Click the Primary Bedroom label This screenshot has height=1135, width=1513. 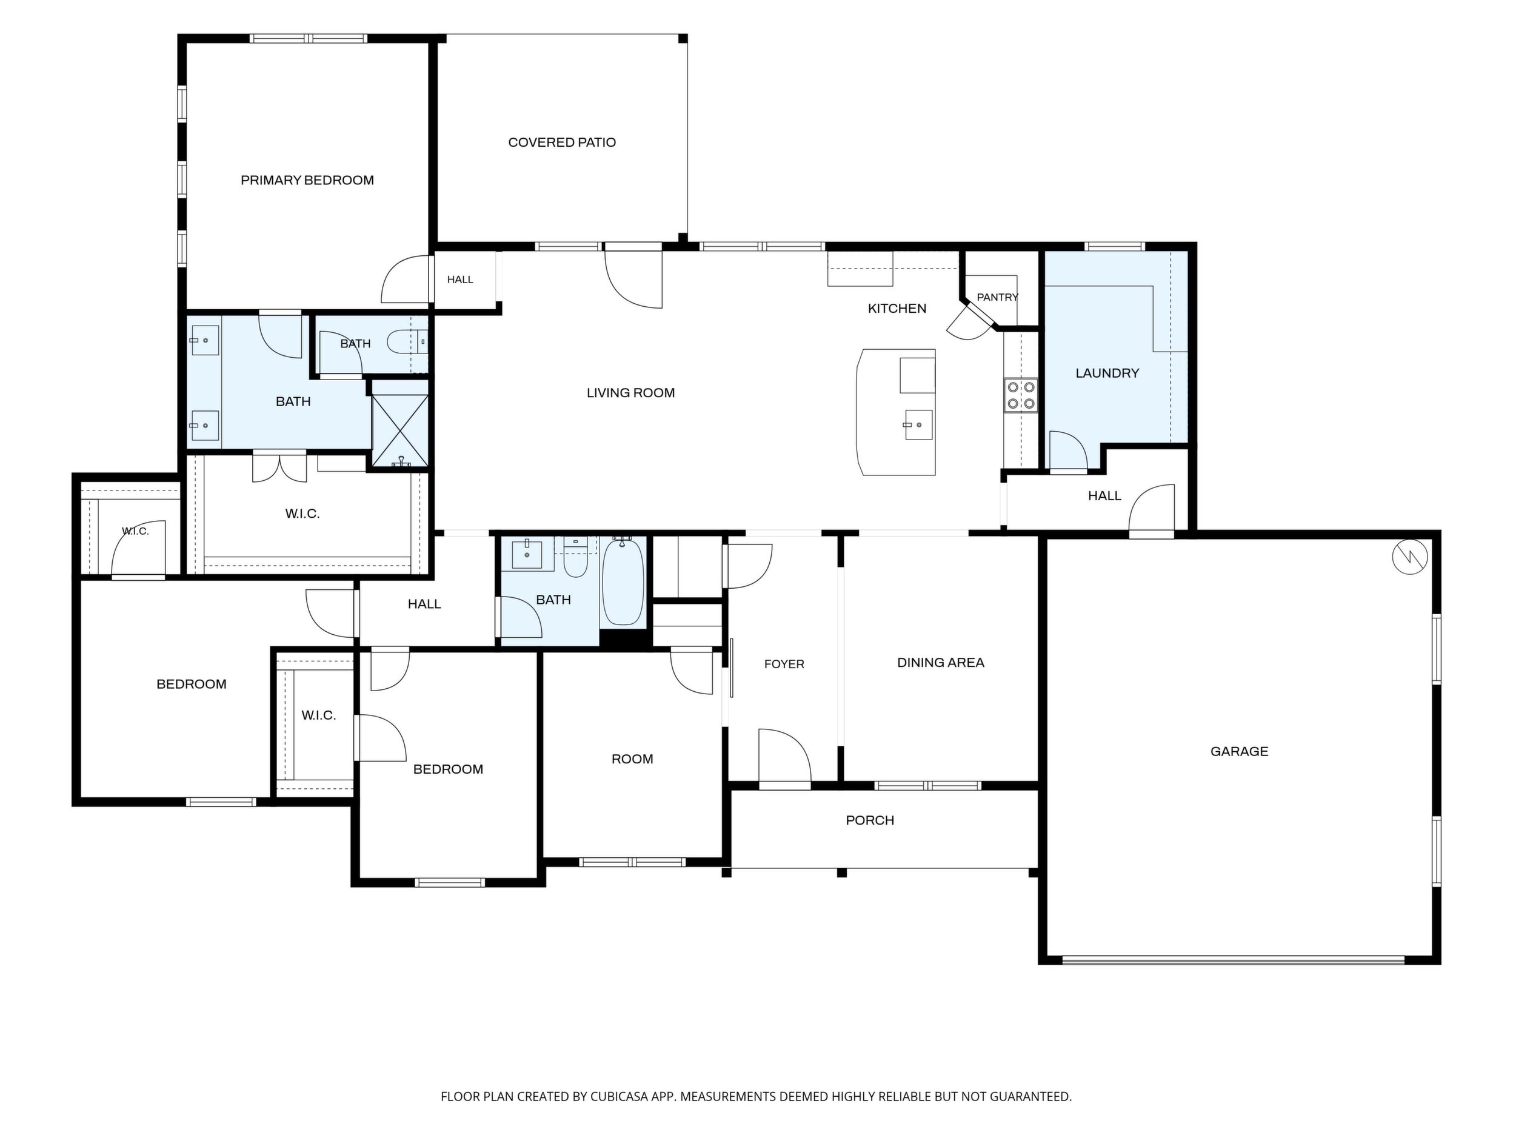coord(307,180)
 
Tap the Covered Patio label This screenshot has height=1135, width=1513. coord(561,142)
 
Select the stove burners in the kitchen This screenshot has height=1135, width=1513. coord(1021,395)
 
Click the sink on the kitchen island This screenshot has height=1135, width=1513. coord(918,425)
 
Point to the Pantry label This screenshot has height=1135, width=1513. coord(997,297)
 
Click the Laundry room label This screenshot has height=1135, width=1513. coord(1107,373)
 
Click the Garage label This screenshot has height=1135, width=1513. coord(1239,751)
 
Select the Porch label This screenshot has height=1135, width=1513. coord(869,820)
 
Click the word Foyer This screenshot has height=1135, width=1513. coord(784,664)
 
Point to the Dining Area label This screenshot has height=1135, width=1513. coord(941,662)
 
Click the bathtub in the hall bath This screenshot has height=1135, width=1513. coord(623,581)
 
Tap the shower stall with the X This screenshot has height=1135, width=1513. coord(400,430)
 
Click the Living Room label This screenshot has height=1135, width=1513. coord(630,393)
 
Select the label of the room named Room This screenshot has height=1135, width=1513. coord(632,758)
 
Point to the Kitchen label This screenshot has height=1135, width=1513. coord(897,309)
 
